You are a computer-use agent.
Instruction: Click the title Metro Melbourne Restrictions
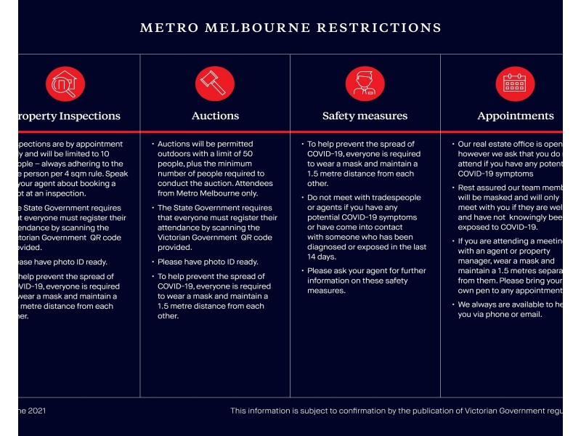290,28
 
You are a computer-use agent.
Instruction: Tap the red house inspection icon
65,84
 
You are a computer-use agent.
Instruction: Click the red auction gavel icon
215,84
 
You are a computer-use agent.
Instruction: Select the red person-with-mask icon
365,84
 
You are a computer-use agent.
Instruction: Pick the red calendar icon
515,84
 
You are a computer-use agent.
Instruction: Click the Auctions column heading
215,116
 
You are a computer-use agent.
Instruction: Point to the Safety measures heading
365,116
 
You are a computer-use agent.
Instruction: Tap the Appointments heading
515,116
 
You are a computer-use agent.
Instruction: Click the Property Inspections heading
70,116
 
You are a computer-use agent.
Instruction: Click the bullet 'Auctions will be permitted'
205,144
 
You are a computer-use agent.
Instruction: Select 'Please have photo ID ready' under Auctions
208,262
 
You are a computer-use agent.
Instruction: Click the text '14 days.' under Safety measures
322,257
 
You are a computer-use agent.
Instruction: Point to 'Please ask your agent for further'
366,271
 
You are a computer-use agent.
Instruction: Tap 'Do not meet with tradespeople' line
363,198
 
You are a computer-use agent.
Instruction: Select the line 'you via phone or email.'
500,315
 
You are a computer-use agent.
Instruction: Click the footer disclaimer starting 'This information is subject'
397,411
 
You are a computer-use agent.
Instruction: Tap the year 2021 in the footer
37,411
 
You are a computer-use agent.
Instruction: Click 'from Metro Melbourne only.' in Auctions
207,193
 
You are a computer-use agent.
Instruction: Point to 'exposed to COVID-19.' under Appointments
497,227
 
